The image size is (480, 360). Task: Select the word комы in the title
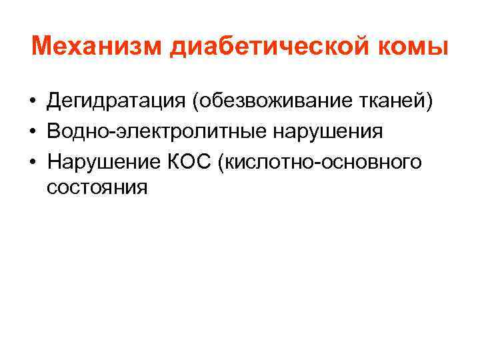coord(419,47)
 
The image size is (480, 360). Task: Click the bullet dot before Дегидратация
coord(32,102)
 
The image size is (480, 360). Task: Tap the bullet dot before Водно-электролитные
coord(32,131)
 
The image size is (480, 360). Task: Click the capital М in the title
coord(41,47)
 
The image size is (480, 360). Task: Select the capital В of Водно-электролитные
coord(54,131)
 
